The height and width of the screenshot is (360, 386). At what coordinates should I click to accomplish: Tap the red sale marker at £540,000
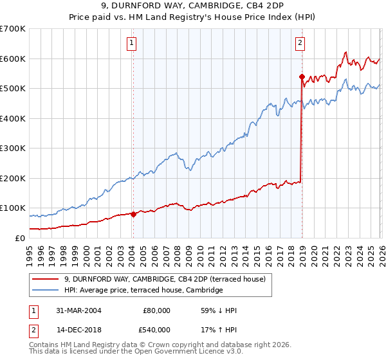301,76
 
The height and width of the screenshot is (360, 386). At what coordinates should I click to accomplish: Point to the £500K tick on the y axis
13,89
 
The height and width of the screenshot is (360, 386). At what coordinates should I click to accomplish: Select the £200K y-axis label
13,178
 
